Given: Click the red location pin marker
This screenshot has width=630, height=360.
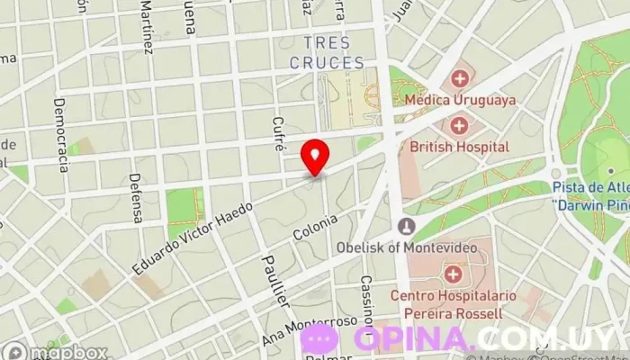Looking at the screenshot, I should tap(314, 157).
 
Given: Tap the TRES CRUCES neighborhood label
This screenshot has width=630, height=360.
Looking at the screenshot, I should tap(327, 53).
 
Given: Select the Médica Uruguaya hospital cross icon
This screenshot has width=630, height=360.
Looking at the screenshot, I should tap(461, 78).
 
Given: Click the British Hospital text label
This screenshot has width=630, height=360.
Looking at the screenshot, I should tap(459, 146).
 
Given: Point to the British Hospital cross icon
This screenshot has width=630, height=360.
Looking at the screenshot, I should tap(459, 125).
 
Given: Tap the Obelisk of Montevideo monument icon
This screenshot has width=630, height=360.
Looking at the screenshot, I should tap(408, 225).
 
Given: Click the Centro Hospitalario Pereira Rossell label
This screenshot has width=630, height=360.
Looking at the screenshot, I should tap(446, 303).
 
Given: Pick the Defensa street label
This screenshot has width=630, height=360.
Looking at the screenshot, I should tap(136, 198).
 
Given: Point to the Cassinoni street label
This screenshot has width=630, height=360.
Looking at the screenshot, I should tap(366, 302).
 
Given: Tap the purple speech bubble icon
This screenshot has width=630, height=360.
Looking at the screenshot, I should tap(319, 339).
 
